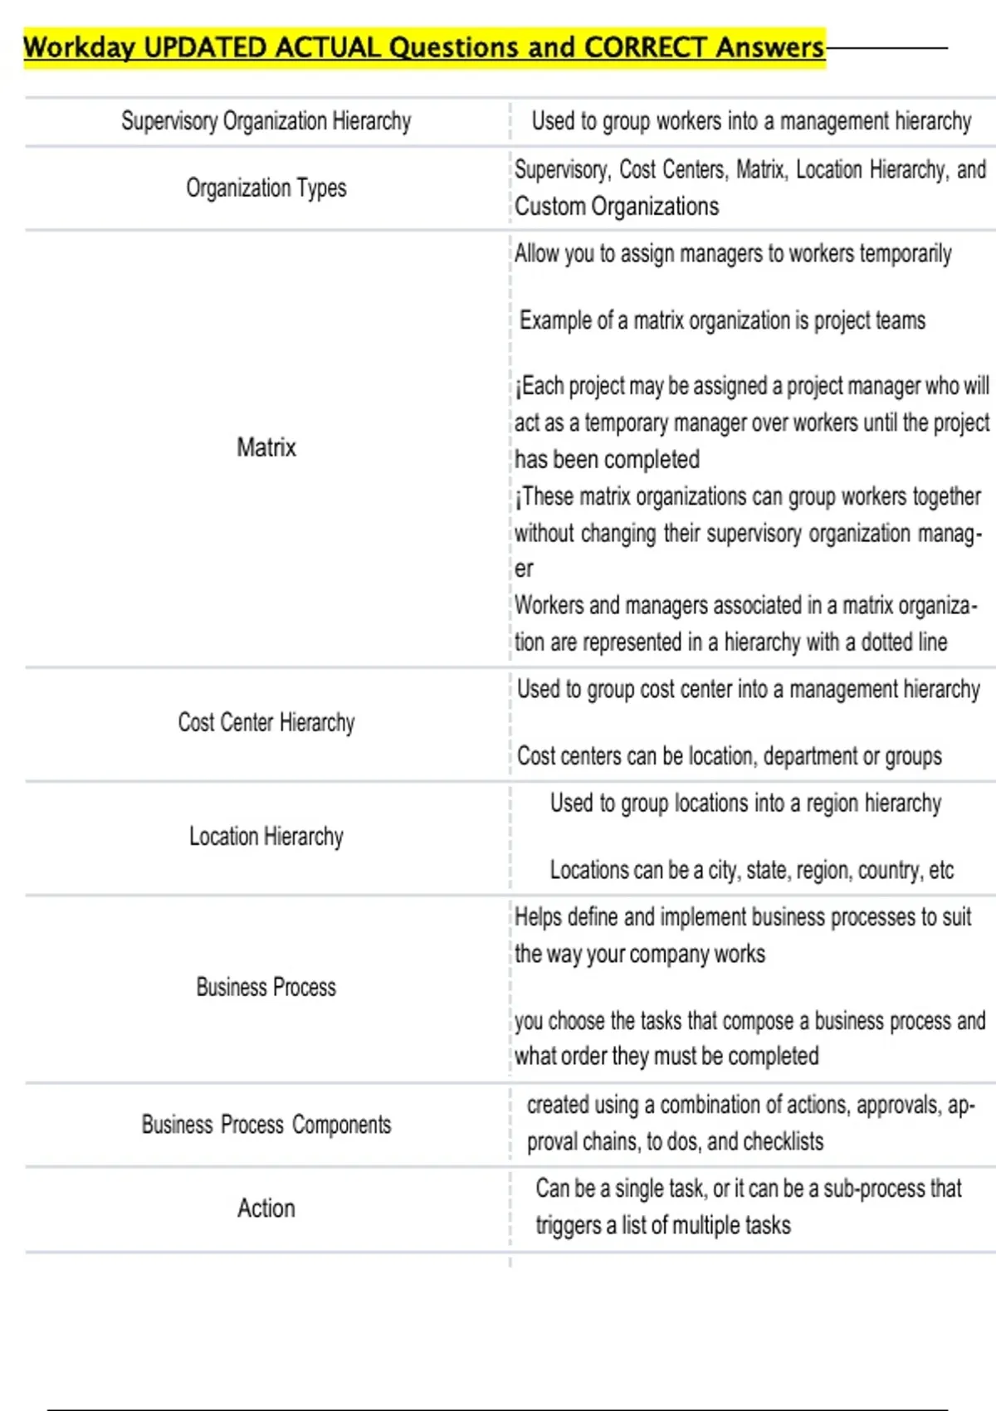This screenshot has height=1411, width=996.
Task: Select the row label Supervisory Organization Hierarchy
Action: point(266,121)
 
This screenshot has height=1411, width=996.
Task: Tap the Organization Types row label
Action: point(266,188)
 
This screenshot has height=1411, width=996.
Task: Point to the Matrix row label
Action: point(266,447)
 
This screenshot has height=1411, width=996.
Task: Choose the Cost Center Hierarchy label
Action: point(266,723)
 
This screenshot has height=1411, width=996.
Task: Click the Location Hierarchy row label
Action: point(266,837)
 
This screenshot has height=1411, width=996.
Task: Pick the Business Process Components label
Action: point(266,1125)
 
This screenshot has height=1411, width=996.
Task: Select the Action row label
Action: point(266,1208)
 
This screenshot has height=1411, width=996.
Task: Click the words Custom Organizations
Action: point(617,207)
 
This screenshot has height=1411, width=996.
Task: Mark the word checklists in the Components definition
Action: point(783,1142)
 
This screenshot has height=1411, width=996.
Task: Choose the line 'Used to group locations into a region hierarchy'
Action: point(745,803)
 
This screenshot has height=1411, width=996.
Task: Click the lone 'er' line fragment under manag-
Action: point(524,569)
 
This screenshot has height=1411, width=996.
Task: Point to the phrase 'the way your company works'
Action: point(639,954)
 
